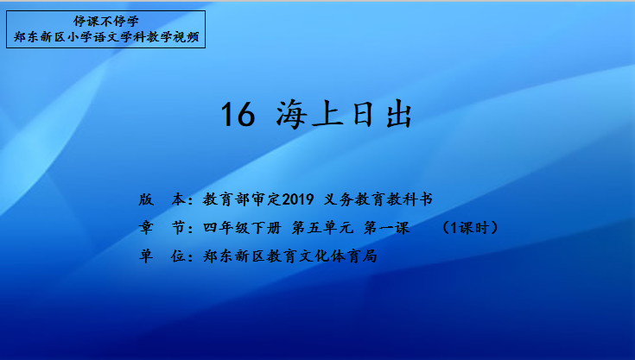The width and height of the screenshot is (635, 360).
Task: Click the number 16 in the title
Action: [x=238, y=115]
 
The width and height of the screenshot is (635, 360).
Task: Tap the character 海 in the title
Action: [x=291, y=115]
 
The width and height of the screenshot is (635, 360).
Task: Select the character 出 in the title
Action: [x=399, y=115]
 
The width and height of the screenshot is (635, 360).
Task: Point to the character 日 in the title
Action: [x=363, y=115]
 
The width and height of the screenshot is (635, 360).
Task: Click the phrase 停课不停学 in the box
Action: [x=106, y=21]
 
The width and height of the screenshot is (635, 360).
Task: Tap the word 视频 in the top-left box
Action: [x=187, y=37]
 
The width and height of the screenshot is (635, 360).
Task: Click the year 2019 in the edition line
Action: [x=298, y=199]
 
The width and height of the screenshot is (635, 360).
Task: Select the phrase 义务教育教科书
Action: [x=378, y=199]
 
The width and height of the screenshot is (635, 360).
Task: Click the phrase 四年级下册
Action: [x=242, y=228]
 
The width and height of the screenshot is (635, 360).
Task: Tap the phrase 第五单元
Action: [x=322, y=228]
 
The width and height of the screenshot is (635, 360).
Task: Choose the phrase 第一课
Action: [x=387, y=228]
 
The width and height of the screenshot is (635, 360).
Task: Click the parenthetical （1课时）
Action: [x=470, y=228]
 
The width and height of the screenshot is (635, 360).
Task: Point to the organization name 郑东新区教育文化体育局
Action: [x=290, y=256]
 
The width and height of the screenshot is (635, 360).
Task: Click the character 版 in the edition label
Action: [x=146, y=199]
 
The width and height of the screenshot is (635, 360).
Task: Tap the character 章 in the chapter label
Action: [x=146, y=228]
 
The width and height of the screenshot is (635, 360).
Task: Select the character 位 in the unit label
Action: [x=178, y=256]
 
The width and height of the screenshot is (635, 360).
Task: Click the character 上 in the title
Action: [x=328, y=115]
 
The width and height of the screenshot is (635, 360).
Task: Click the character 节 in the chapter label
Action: [x=178, y=228]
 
